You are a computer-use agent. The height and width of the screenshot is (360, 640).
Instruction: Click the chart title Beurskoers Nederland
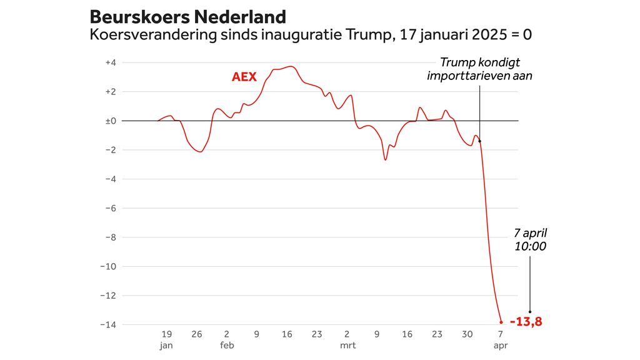[x=188, y=17]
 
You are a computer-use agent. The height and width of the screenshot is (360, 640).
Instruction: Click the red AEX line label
[x=244, y=77]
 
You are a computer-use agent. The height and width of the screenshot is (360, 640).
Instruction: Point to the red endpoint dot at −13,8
[x=501, y=322]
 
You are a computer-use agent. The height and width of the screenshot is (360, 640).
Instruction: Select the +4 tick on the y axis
[x=111, y=62]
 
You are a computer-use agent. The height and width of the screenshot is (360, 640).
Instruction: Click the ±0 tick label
[x=111, y=121]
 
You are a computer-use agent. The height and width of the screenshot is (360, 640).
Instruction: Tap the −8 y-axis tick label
[x=110, y=237]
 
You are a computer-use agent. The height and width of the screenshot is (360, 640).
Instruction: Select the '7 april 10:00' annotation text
[x=530, y=239]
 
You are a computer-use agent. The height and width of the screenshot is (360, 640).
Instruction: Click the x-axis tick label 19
[x=166, y=334]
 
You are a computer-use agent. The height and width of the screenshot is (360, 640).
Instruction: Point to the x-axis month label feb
[x=227, y=345]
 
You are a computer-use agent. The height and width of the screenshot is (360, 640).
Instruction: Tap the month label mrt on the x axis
[x=347, y=345]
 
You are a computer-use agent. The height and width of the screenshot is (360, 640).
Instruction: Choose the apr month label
[x=501, y=345]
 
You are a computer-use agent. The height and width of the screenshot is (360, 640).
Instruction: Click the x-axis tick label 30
[x=467, y=334]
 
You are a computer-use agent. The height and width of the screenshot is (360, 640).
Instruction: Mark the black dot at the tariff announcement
[x=480, y=141]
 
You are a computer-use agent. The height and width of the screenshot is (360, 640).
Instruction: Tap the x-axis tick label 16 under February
[x=287, y=334]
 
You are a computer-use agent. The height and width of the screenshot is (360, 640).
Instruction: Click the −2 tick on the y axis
[x=110, y=150]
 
